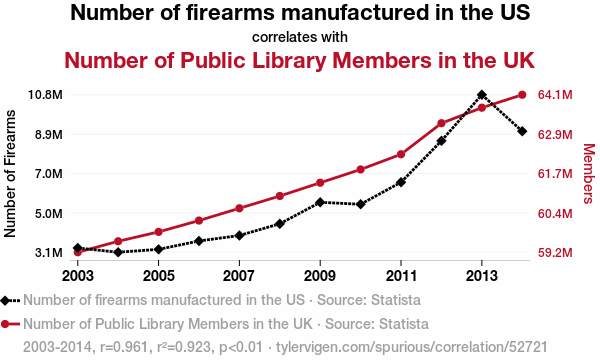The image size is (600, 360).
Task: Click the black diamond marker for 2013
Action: [x=482, y=94]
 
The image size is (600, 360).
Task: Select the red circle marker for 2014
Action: [x=522, y=94]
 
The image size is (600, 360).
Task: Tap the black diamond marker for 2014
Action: [x=522, y=131]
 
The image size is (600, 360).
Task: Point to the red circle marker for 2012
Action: [x=441, y=123]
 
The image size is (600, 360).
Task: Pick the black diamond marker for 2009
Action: [x=320, y=202]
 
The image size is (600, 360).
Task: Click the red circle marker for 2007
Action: [x=239, y=208]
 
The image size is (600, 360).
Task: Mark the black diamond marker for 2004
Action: [x=118, y=252]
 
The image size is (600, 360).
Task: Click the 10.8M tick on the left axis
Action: [x=45, y=94]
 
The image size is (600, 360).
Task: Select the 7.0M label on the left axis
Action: [x=49, y=174]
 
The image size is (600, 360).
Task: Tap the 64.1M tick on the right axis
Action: [x=555, y=94]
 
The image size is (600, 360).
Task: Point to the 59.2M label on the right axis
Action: [x=555, y=252]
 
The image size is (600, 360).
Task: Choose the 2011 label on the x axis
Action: [x=401, y=275]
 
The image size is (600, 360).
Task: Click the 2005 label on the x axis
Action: [x=158, y=275]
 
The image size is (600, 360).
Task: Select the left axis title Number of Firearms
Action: [x=10, y=174]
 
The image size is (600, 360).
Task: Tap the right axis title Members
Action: [x=589, y=174]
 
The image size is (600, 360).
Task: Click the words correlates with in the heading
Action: [x=300, y=37]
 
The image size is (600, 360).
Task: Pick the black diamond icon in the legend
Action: [x=5, y=300]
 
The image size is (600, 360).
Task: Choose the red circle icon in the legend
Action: [x=5, y=324]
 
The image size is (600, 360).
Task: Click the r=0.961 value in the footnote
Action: [x=124, y=347]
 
